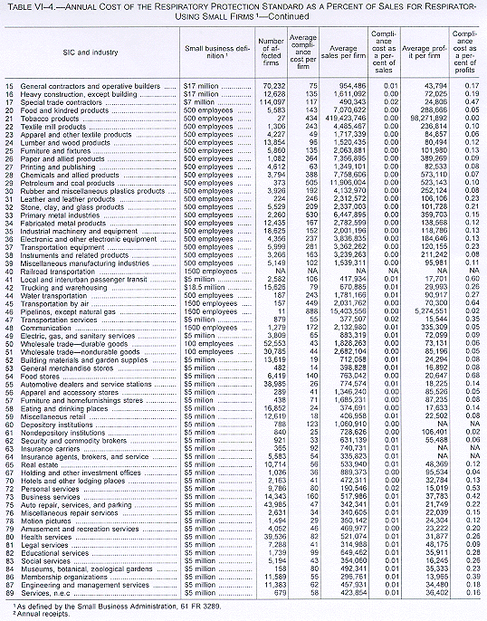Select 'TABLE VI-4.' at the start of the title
coord(31,7)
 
